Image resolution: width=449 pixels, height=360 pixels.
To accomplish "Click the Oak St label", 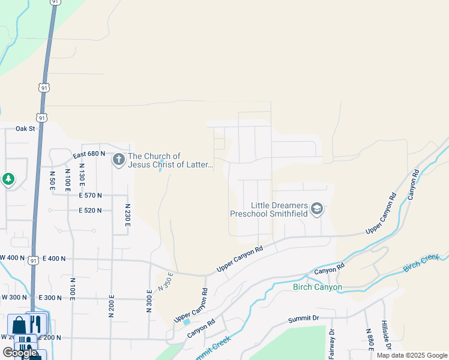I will click(26, 128).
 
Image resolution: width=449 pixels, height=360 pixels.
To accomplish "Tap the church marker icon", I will click(119, 160).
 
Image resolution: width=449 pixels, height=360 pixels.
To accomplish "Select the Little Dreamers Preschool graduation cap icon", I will click(317, 209).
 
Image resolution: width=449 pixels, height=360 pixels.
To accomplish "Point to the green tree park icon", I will click(8, 179).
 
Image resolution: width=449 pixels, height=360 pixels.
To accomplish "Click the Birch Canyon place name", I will click(318, 287).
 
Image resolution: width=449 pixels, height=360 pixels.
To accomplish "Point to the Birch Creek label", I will click(422, 262).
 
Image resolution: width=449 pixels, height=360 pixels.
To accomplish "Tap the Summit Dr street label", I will click(303, 318).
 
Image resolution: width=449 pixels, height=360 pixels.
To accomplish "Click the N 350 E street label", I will click(166, 282).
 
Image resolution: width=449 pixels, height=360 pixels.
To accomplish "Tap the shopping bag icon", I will click(19, 325).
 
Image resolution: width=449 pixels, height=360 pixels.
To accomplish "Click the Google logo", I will click(20, 352).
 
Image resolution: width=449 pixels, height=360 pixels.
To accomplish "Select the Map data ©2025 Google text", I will click(412, 355).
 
